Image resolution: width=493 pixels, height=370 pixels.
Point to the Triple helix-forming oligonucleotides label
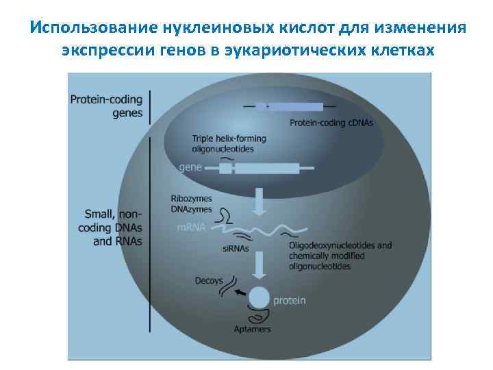pyautogui.click(x=229, y=143)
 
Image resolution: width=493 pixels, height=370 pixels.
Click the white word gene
pyautogui.click(x=191, y=166)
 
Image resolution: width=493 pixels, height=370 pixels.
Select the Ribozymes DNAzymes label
pyautogui.click(x=192, y=204)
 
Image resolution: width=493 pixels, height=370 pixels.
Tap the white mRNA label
pyautogui.click(x=191, y=227)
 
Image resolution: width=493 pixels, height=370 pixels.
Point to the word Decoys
pyautogui.click(x=208, y=280)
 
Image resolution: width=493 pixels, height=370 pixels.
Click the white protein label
pyautogui.click(x=290, y=299)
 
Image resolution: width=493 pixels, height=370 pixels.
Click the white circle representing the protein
pyautogui.click(x=259, y=298)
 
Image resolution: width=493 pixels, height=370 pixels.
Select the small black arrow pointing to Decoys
pyautogui.click(x=240, y=292)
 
